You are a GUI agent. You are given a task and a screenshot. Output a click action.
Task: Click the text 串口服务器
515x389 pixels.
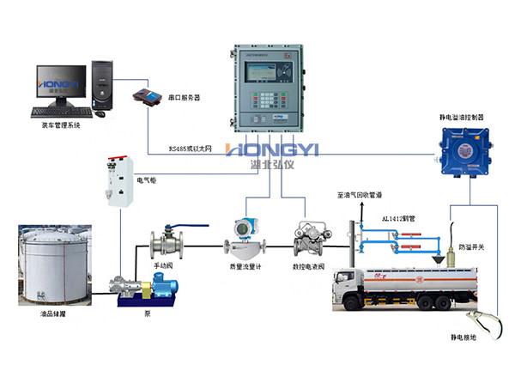click(x=184, y=98)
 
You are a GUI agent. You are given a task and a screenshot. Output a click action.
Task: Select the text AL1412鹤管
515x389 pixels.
click(x=399, y=219)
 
